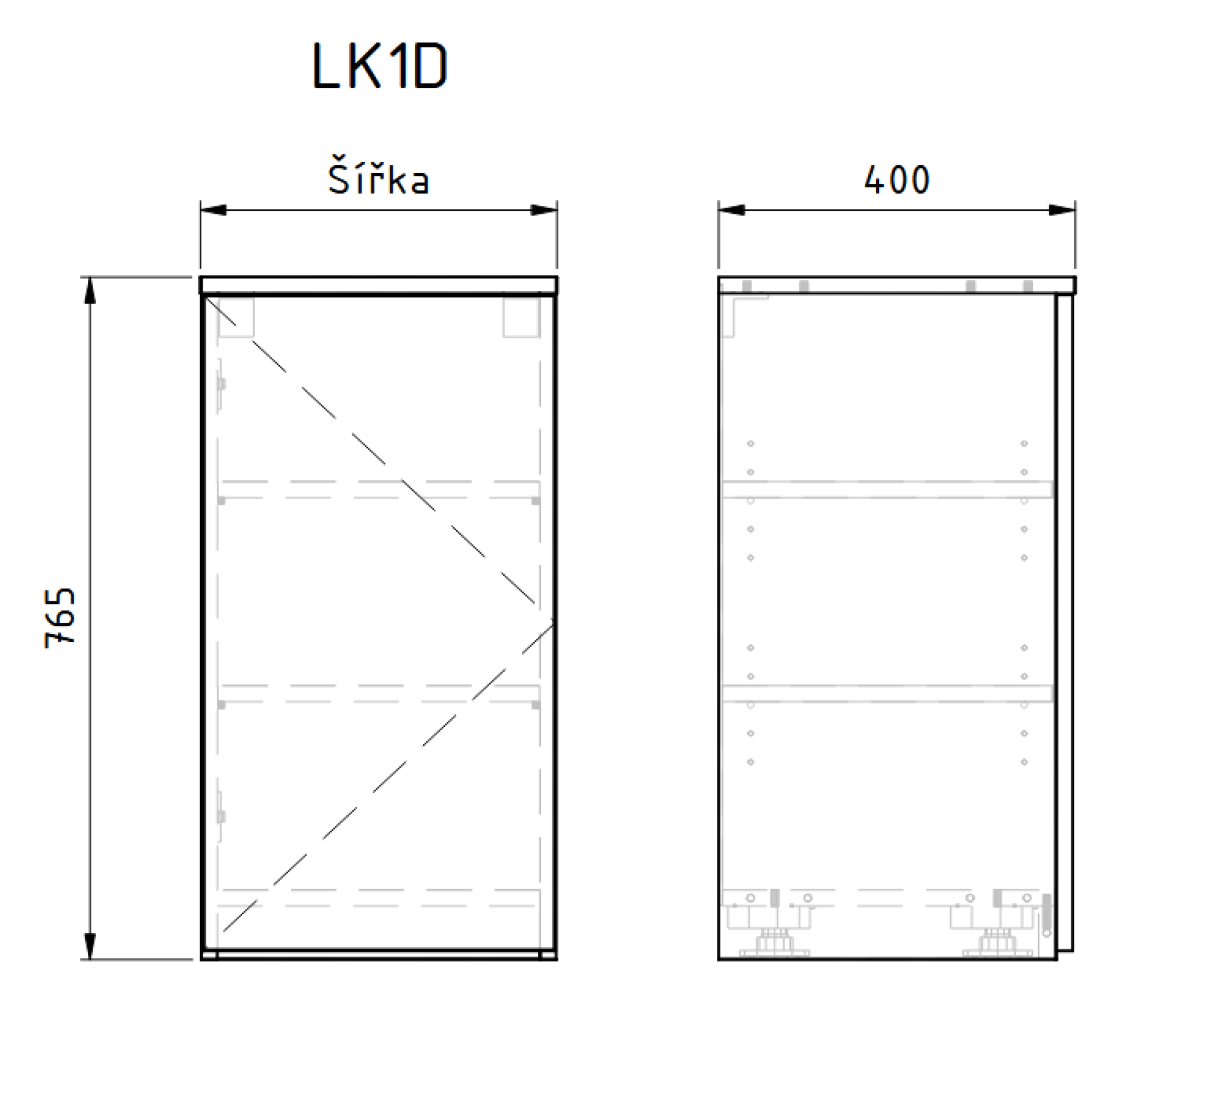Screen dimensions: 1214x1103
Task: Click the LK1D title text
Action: (380, 67)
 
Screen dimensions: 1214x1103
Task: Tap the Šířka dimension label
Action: (379, 179)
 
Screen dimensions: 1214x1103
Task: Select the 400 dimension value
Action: (897, 180)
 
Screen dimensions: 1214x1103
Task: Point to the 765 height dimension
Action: (60, 618)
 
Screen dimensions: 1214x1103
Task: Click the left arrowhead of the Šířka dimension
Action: (213, 210)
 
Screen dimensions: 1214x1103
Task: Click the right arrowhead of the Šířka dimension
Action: (544, 210)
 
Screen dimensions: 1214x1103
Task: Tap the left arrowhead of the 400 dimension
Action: (731, 210)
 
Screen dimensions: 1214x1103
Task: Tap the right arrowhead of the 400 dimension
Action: (1062, 210)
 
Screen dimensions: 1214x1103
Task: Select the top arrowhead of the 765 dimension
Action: (90, 290)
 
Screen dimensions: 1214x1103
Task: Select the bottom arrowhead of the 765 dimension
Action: (90, 946)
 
